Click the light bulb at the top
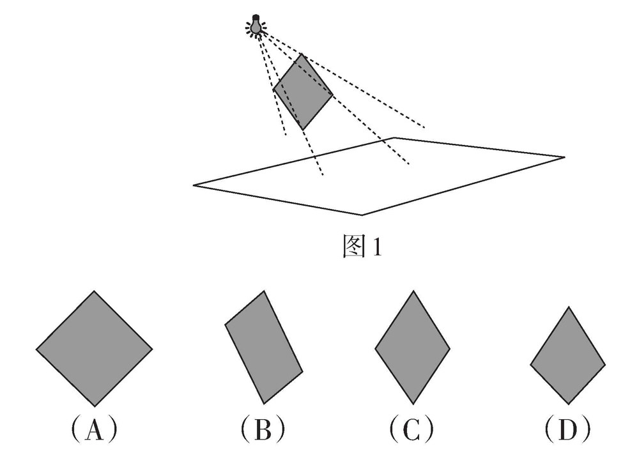(x=256, y=26)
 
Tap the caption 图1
(x=361, y=247)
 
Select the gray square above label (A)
(x=94, y=349)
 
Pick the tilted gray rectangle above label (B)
(x=263, y=347)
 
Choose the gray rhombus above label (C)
(x=412, y=348)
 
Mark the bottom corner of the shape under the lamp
(x=304, y=130)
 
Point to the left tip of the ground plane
(x=194, y=185)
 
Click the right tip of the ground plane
(x=564, y=157)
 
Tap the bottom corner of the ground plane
(x=362, y=215)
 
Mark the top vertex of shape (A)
(x=95, y=291)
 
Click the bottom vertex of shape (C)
(x=413, y=404)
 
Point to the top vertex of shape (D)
(x=568, y=307)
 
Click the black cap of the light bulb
(x=256, y=17)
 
